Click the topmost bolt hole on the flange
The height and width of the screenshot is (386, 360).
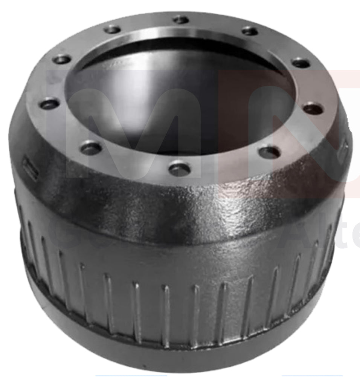coord(181,19)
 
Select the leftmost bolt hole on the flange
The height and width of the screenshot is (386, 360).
coord(50,104)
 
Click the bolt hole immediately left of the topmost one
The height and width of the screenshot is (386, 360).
coord(113,29)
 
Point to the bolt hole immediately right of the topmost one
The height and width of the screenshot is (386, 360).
coord(250,31)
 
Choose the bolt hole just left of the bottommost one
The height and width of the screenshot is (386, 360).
coord(91,148)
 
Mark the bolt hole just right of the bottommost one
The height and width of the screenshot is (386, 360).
coord(270,152)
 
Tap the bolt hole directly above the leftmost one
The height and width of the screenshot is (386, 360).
coord(62,59)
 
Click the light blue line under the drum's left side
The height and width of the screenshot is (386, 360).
coord(131,376)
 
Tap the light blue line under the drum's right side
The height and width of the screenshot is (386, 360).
coord(312,376)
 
